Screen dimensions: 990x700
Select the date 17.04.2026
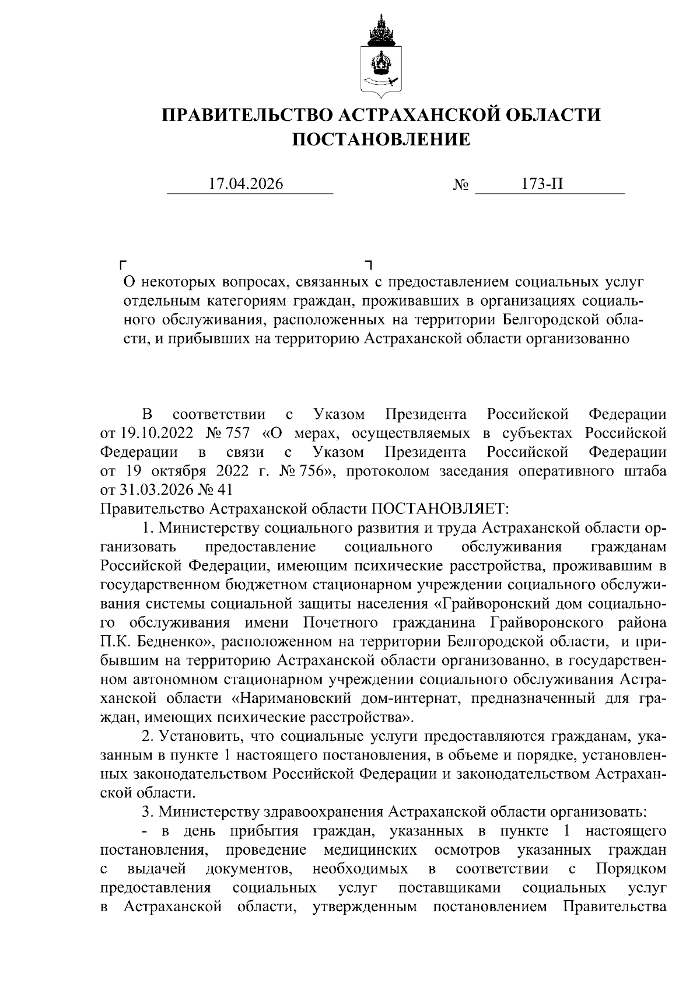[246, 184]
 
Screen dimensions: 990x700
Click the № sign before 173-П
[461, 186]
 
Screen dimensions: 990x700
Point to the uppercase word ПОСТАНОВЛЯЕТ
[440, 509]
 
